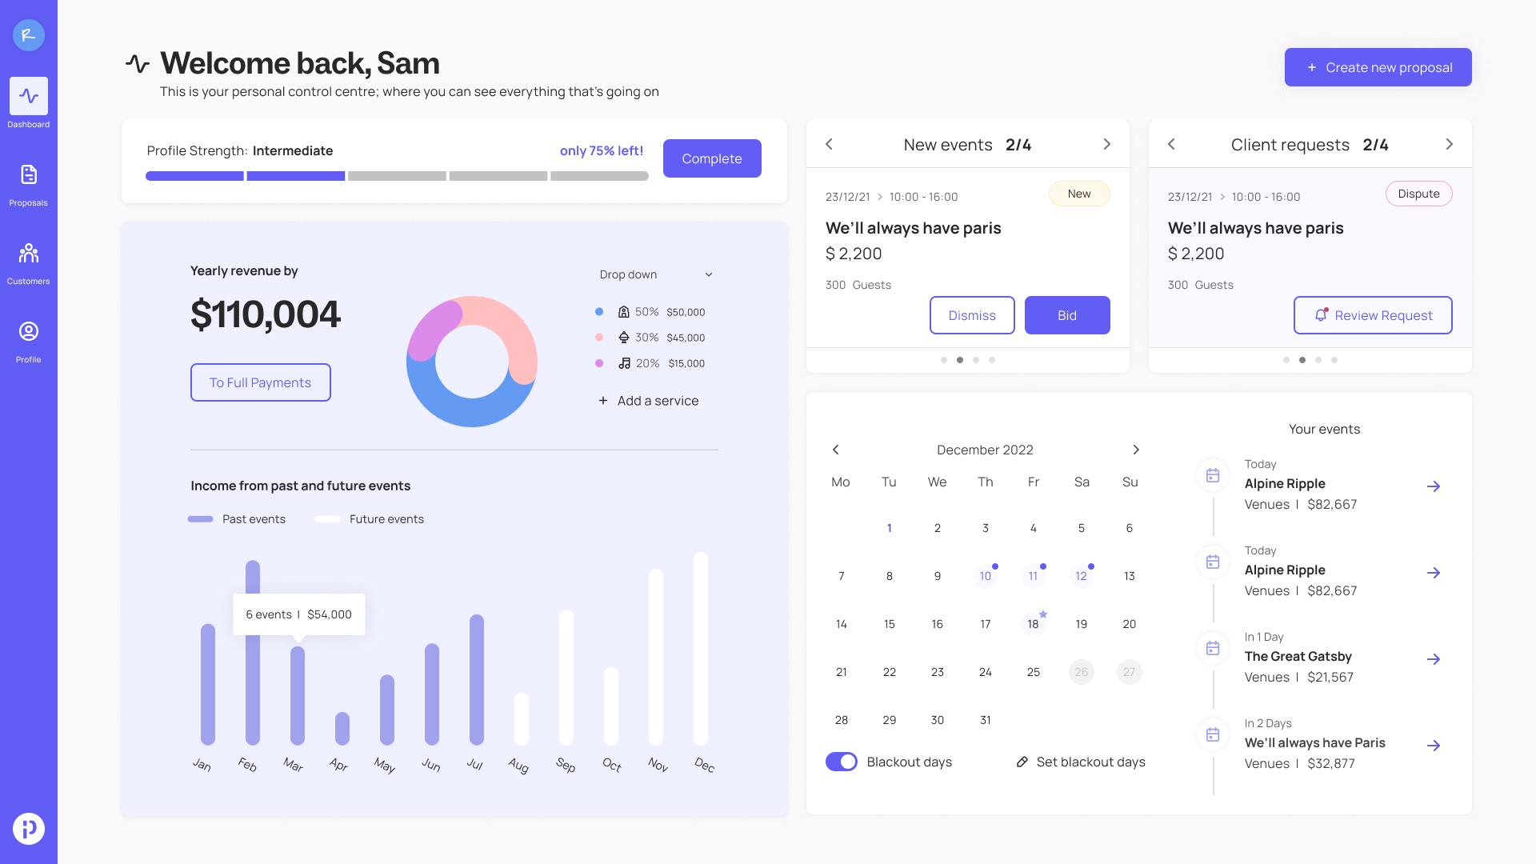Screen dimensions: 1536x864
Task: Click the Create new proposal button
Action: point(1378,67)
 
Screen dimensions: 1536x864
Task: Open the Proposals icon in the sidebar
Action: point(29,174)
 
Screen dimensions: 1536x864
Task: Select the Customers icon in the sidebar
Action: point(29,253)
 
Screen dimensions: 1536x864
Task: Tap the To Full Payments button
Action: point(260,382)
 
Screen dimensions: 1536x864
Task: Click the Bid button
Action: point(1067,315)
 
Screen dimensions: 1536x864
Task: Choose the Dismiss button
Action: point(972,315)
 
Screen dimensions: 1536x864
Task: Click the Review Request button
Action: point(1373,315)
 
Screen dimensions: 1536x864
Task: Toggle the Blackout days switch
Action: point(842,762)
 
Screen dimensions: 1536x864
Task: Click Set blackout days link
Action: point(1081,762)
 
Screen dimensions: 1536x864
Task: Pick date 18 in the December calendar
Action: point(1033,624)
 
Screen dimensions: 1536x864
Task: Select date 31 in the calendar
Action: point(986,720)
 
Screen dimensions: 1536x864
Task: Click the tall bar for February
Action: point(253,653)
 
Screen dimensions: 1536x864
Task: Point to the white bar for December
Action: point(701,649)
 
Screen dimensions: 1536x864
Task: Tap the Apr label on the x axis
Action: point(339,765)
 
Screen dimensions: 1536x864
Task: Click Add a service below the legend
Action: point(649,401)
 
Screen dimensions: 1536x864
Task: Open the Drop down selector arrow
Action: point(709,274)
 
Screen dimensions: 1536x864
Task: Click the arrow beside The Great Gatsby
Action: point(1434,659)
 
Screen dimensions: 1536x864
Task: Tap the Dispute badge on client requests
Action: point(1419,194)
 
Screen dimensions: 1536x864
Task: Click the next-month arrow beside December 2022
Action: point(1136,450)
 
